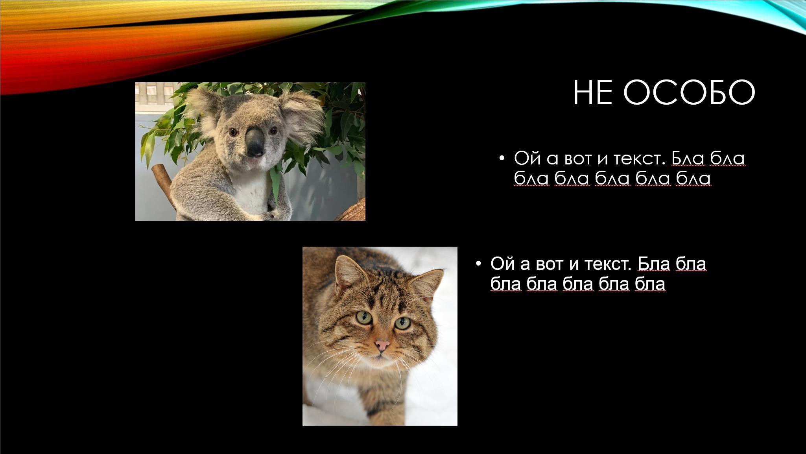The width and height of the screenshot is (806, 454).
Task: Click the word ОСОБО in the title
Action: point(689,93)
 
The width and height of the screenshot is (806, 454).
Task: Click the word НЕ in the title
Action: point(592,93)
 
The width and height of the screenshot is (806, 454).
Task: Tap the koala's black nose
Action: point(255,142)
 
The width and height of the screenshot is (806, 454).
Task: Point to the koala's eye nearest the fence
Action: point(233,132)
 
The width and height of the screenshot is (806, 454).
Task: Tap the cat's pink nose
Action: point(382,345)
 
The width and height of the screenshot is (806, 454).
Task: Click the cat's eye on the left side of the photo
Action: point(364,317)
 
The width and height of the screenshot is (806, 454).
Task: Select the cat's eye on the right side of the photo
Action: point(402,323)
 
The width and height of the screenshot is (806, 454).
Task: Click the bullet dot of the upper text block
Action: point(501,158)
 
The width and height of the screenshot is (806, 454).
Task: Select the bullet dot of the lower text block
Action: point(478,263)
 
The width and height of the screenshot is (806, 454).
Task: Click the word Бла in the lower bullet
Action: point(653,263)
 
